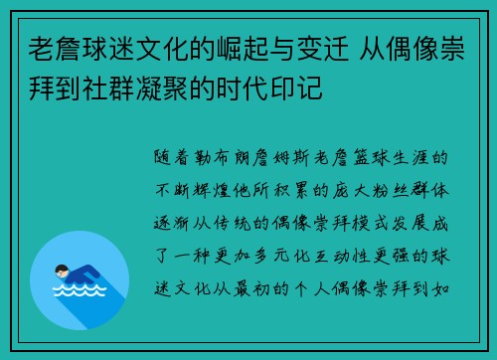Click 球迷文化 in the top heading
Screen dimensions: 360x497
(137, 45)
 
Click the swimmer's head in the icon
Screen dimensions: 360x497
(59, 271)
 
